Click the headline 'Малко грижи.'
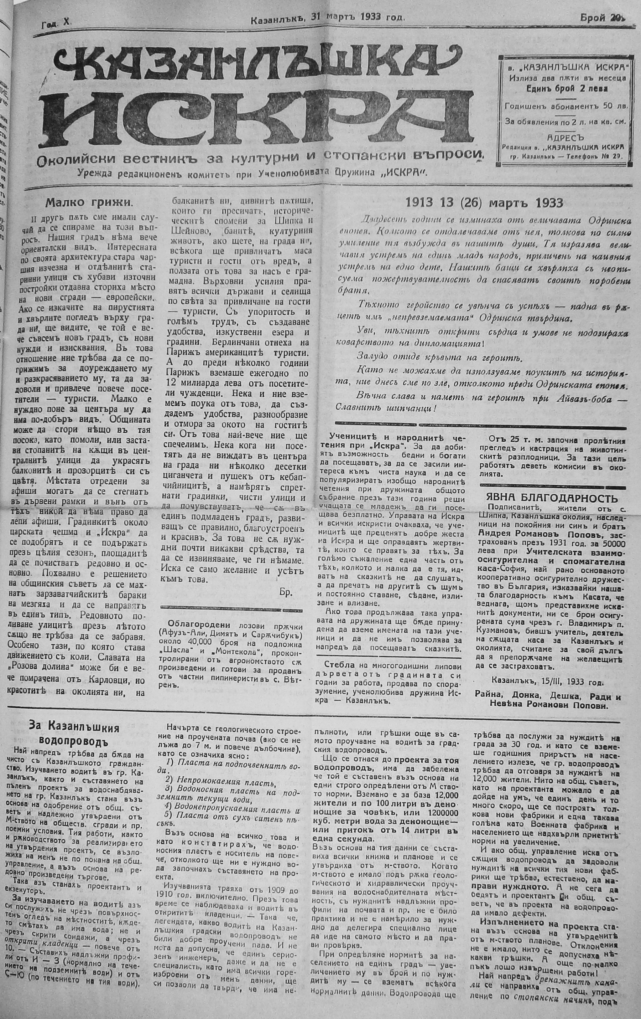pyautogui.click(x=90, y=202)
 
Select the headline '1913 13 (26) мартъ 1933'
pyautogui.click(x=484, y=203)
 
